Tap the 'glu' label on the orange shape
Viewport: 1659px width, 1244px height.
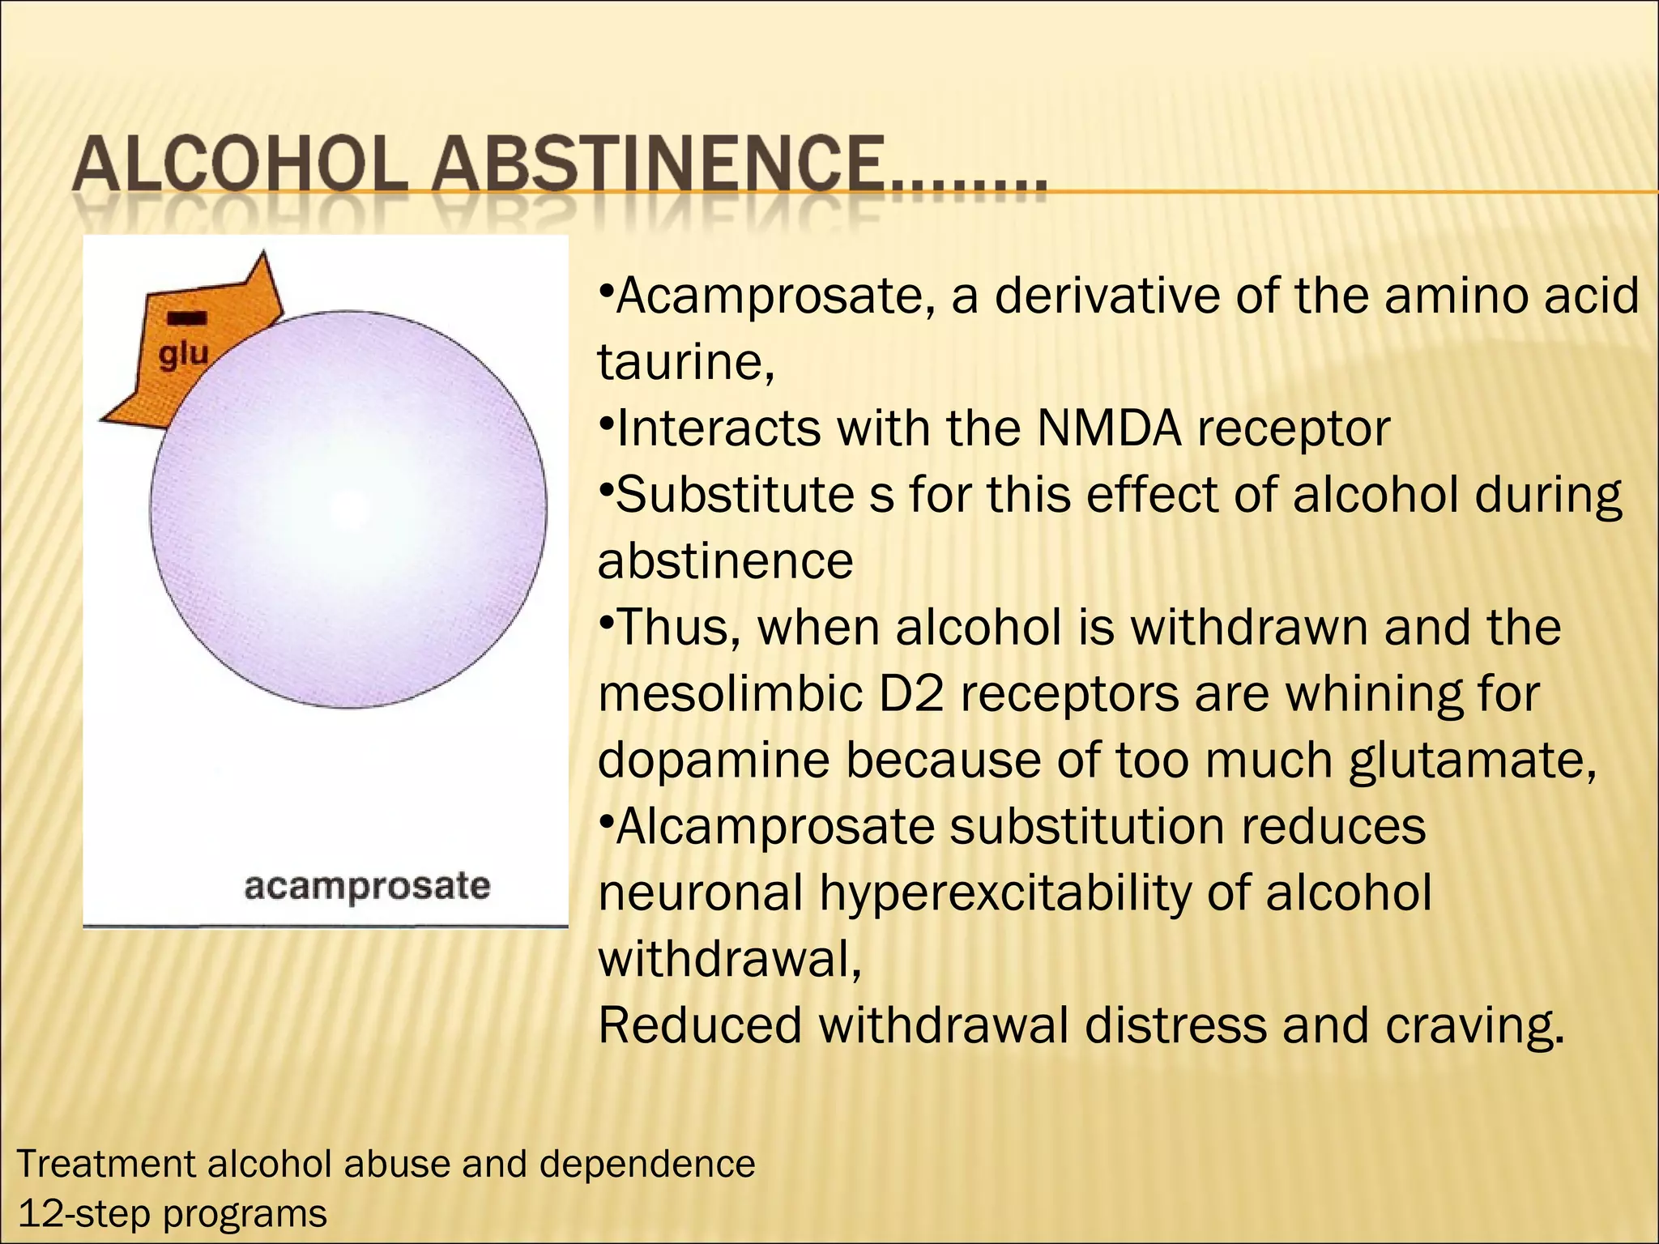pyautogui.click(x=184, y=354)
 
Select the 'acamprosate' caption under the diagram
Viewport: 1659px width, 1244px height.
pyautogui.click(x=367, y=886)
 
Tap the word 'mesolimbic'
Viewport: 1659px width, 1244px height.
pyautogui.click(x=730, y=694)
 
